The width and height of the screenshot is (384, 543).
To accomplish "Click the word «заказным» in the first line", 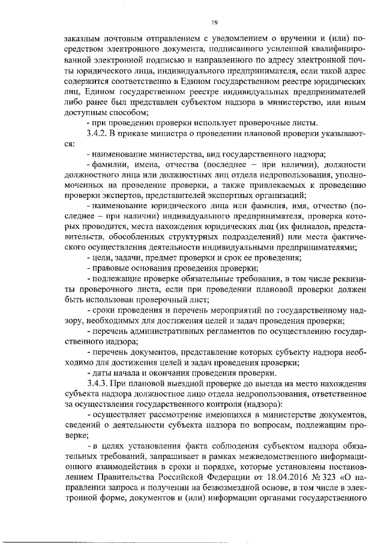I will (x=85, y=37).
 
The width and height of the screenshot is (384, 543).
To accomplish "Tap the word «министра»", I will (x=161, y=134).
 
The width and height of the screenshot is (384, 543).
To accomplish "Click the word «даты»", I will (x=102, y=372).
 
